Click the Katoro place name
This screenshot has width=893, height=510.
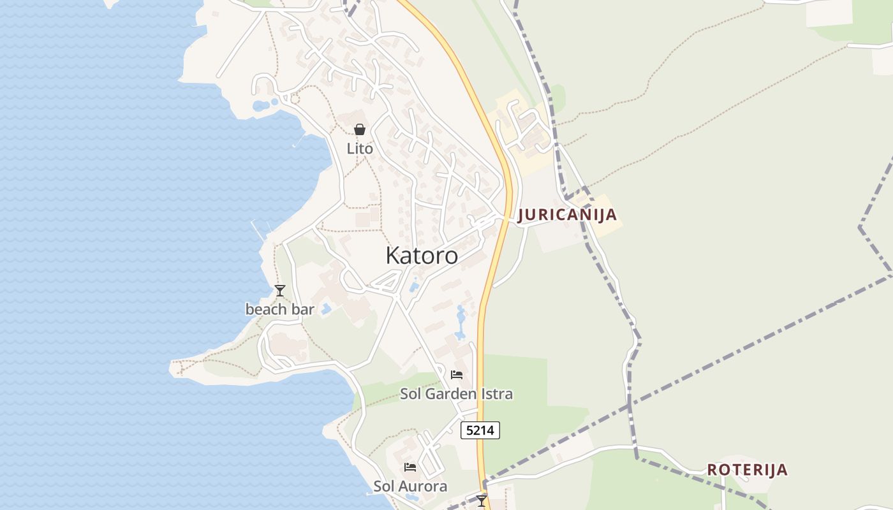pyautogui.click(x=422, y=256)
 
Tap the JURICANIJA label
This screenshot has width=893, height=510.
pyautogui.click(x=567, y=215)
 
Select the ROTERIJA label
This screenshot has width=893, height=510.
pyautogui.click(x=747, y=470)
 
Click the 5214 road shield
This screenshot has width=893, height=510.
pyautogui.click(x=480, y=430)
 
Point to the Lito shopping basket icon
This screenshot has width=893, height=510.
pyautogui.click(x=360, y=129)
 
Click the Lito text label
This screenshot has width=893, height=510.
pyautogui.click(x=360, y=149)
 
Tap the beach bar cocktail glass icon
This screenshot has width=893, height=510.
pyautogui.click(x=279, y=291)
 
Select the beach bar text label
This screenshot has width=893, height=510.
pyautogui.click(x=280, y=310)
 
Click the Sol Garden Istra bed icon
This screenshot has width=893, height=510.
pyautogui.click(x=457, y=375)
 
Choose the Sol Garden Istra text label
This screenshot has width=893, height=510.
pyautogui.click(x=456, y=394)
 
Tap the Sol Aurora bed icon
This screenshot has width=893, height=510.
pyautogui.click(x=410, y=467)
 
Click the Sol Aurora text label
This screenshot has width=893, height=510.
pyautogui.click(x=410, y=486)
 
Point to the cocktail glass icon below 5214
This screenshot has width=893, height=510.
pyautogui.click(x=482, y=500)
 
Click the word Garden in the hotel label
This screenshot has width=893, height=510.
pyautogui.click(x=451, y=394)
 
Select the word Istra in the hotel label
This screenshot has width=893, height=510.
pyautogui.click(x=497, y=394)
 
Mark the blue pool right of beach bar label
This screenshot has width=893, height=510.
pyautogui.click(x=326, y=309)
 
